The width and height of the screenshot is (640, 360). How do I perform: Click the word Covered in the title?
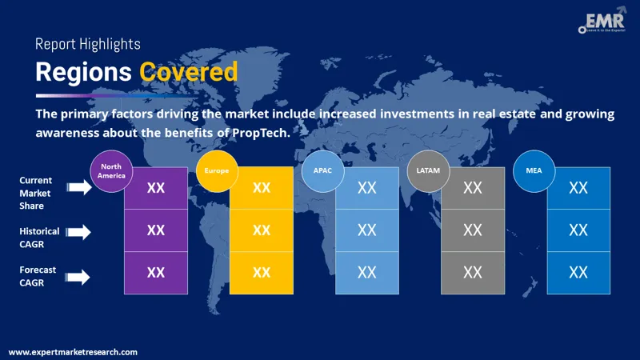pyautogui.click(x=189, y=72)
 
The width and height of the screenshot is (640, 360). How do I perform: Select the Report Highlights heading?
pyautogui.click(x=87, y=44)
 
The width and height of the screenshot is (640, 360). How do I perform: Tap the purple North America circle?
pyautogui.click(x=112, y=170)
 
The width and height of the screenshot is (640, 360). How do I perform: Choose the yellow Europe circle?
pyautogui.click(x=217, y=170)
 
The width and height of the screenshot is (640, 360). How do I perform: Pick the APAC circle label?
pyautogui.click(x=322, y=170)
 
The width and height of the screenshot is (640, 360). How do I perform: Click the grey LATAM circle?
pyautogui.click(x=428, y=170)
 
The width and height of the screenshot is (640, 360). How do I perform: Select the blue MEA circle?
pyautogui.click(x=534, y=170)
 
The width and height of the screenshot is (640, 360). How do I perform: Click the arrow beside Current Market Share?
pyautogui.click(x=78, y=188)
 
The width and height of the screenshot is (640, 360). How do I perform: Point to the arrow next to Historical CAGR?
pyautogui.click(x=78, y=232)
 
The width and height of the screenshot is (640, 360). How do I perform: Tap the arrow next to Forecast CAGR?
pyautogui.click(x=78, y=277)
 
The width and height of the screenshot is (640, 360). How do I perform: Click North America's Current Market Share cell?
pyautogui.click(x=156, y=188)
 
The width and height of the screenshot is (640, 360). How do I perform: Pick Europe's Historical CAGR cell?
pyautogui.click(x=262, y=230)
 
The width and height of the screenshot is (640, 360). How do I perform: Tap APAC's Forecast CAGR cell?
pyautogui.click(x=367, y=273)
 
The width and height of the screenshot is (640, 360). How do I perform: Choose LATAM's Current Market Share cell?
pyautogui.click(x=473, y=188)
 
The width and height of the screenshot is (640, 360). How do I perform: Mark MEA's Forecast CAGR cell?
pyautogui.click(x=578, y=273)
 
